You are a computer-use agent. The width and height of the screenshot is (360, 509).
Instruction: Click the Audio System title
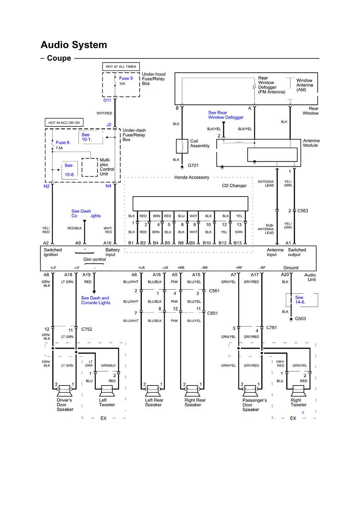tap(74, 45)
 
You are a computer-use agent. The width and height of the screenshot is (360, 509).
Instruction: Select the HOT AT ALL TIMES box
tap(121, 67)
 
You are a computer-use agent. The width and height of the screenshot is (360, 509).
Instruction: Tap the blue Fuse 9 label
tap(126, 78)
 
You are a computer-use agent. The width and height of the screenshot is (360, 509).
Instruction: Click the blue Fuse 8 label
tap(63, 143)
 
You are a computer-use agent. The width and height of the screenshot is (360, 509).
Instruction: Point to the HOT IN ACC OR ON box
tap(64, 123)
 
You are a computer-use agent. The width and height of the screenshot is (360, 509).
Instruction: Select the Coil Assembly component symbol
tap(182, 146)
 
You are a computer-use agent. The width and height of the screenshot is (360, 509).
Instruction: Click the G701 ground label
tap(193, 166)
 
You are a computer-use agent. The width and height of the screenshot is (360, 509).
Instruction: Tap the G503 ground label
tap(300, 319)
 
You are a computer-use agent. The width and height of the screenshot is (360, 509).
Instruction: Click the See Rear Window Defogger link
tap(226, 115)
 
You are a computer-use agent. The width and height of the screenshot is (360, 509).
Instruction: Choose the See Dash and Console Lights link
tap(95, 300)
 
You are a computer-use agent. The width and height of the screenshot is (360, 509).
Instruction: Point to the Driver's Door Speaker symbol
tap(65, 389)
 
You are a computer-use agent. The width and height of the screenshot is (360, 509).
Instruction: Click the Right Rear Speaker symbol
tap(192, 389)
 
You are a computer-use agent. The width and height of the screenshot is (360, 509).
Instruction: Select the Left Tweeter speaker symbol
tap(107, 389)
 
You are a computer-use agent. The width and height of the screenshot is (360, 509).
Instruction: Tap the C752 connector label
tap(87, 329)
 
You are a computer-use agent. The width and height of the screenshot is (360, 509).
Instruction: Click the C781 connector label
tap(271, 328)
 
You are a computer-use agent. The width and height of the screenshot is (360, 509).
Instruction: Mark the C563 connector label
tap(302, 211)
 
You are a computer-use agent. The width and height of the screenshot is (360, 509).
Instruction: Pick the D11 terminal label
tap(107, 100)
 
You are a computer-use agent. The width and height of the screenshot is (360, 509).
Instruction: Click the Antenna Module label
tap(311, 143)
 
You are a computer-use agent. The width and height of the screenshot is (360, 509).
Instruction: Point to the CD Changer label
tap(234, 186)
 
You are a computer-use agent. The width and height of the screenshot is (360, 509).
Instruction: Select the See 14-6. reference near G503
tap(300, 300)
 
